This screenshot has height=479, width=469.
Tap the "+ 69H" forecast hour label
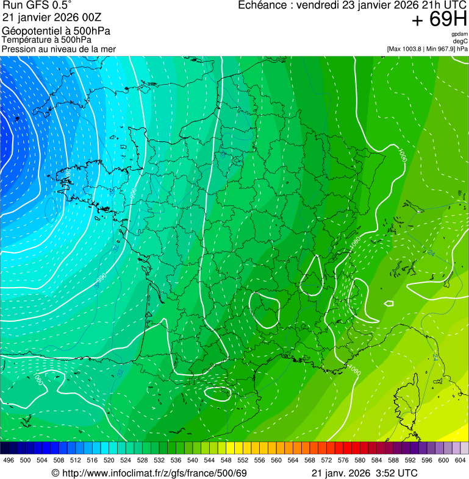point(439,20)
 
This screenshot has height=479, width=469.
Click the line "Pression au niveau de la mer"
point(59,49)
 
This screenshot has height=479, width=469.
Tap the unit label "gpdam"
point(459,34)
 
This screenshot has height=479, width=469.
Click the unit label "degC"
point(460,41)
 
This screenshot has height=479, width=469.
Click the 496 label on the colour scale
point(9,459)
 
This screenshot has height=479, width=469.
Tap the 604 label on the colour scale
point(460,459)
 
